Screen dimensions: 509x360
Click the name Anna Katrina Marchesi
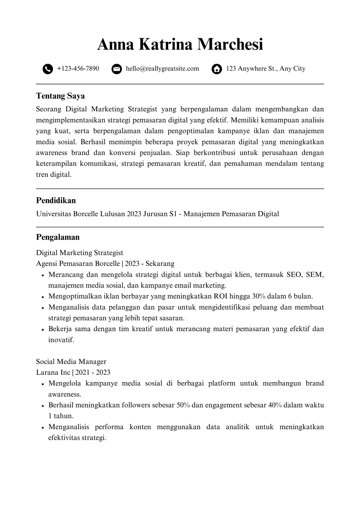tap(180, 45)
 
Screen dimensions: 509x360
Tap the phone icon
tap(48, 69)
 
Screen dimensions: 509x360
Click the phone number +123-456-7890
tap(78, 69)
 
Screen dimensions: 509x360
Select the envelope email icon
tap(117, 69)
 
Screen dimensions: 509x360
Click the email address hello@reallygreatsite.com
tap(162, 69)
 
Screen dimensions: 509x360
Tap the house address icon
tap(217, 69)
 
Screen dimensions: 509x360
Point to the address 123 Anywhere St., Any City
tap(266, 69)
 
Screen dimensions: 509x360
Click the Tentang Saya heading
tap(60, 96)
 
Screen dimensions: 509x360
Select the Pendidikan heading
tap(56, 200)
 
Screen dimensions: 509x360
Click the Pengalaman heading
tap(58, 237)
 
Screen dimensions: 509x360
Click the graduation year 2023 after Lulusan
tap(134, 214)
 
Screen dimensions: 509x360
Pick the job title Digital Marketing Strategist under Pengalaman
tap(80, 253)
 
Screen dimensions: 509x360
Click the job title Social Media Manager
tap(71, 362)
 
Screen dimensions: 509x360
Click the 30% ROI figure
tap(259, 296)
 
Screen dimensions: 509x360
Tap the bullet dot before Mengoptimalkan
tap(42, 297)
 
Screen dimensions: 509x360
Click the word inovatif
tap(61, 340)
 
